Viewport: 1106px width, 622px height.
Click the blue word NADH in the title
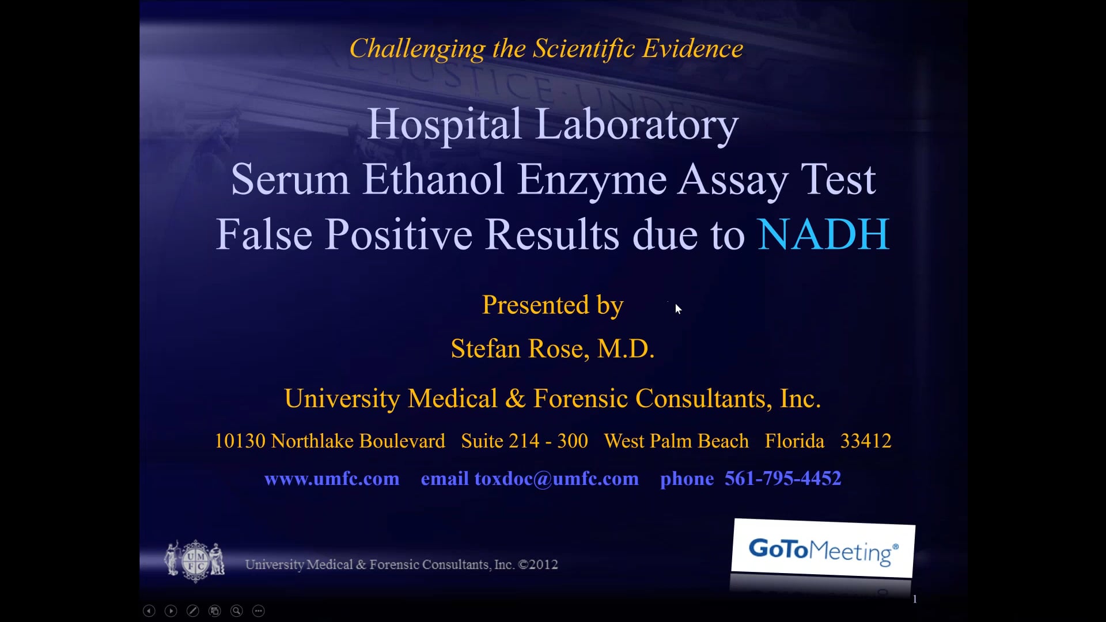[823, 234]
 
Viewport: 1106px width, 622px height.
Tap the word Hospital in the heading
[444, 124]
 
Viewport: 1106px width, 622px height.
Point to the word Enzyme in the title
[592, 179]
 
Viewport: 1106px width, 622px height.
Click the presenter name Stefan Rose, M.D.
[552, 348]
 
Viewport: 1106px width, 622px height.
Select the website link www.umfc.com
[332, 479]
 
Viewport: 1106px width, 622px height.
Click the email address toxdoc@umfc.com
[556, 479]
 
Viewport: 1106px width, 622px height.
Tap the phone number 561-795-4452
[783, 479]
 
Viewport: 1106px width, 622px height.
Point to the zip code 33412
[866, 441]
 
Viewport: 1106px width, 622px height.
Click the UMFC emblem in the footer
[195, 560]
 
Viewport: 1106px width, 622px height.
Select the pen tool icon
[193, 611]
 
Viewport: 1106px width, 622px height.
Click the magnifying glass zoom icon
[237, 611]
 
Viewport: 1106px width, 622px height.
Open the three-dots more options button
[259, 611]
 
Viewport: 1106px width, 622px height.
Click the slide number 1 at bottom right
[915, 600]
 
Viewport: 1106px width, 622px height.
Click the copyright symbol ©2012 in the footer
[538, 565]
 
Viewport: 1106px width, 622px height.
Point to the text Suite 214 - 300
[524, 441]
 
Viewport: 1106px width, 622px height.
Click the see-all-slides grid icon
[215, 611]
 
